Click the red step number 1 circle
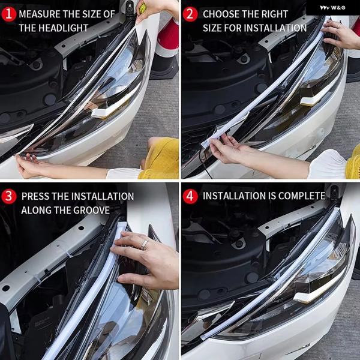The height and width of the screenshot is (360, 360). click(8, 14)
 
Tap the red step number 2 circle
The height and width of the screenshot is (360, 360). click(190, 14)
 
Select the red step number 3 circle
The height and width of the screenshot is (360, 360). click(8, 196)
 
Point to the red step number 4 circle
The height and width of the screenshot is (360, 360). click(190, 196)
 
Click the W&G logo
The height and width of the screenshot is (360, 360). click(332, 8)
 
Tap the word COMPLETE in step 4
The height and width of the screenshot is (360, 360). click(302, 196)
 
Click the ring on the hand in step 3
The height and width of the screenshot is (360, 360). click(145, 245)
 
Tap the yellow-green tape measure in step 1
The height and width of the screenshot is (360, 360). click(143, 8)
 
